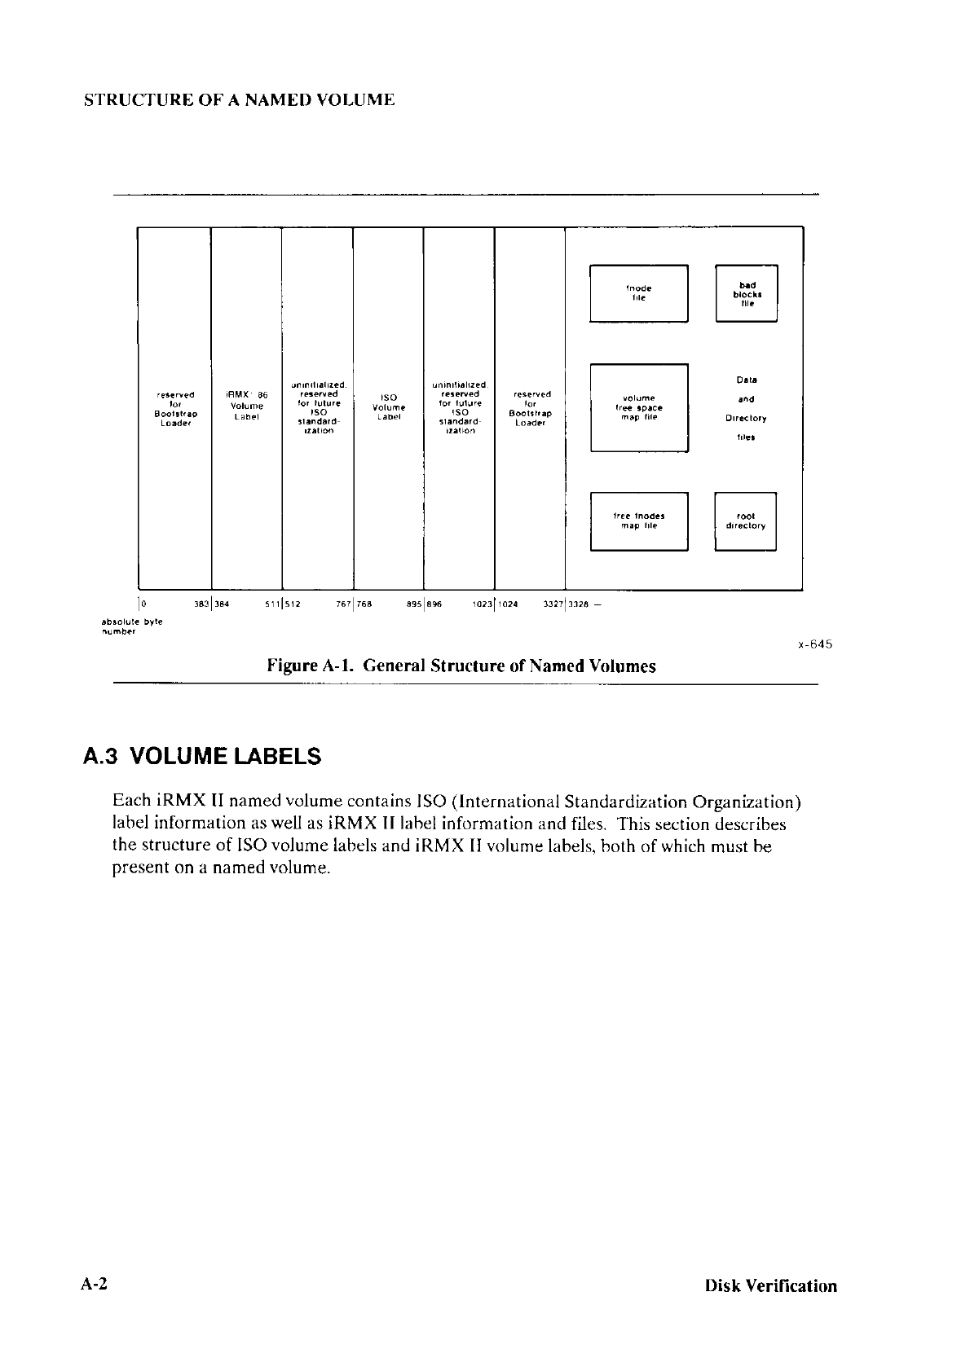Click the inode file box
coord(639,293)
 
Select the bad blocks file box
coord(746,294)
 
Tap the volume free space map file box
coord(639,407)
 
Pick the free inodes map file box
coord(639,521)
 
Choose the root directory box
coord(745,521)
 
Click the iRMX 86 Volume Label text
coord(246,406)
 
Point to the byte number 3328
coord(580,604)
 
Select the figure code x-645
coord(814,644)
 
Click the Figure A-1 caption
coord(461,666)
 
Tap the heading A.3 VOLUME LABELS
coord(202,757)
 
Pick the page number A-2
coord(95,1285)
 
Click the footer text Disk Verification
coord(771,1286)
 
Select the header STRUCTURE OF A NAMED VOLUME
coord(240,100)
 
